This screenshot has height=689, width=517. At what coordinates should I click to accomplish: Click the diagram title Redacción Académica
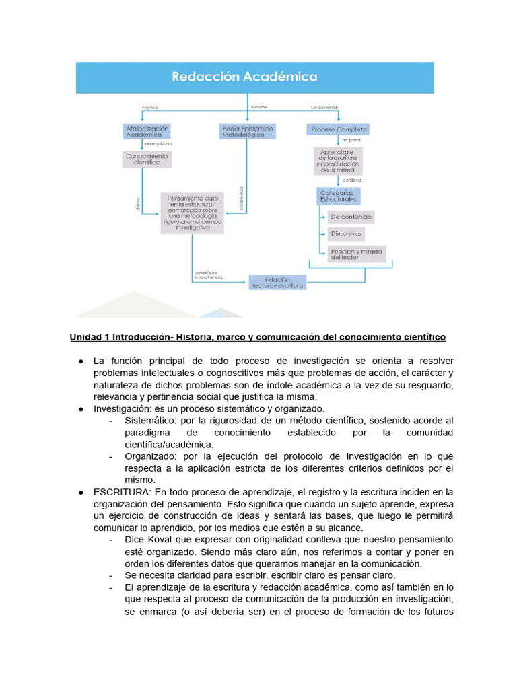coord(244,77)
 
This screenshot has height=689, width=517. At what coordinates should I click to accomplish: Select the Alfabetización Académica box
coord(147,131)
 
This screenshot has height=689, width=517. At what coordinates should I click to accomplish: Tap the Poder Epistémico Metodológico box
coord(248,131)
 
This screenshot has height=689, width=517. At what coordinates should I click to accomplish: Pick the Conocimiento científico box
coord(147,159)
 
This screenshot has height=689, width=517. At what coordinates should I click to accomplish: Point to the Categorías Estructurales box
coord(337,196)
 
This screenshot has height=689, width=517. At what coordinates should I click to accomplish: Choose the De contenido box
coord(350,217)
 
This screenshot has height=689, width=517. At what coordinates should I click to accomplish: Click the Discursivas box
coord(346,235)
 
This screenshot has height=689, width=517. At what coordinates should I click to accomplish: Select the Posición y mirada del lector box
coord(356,254)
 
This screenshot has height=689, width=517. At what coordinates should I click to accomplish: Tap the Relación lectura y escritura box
coord(277,282)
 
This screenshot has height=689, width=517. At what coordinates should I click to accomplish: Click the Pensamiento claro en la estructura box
coord(192,213)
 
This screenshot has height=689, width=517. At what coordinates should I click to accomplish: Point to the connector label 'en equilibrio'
coord(158,144)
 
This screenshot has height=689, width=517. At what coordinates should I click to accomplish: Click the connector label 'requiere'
coord(351,140)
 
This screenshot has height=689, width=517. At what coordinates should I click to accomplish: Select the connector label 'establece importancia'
coord(208,275)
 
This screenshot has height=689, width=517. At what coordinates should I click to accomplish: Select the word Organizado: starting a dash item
coord(148,456)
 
